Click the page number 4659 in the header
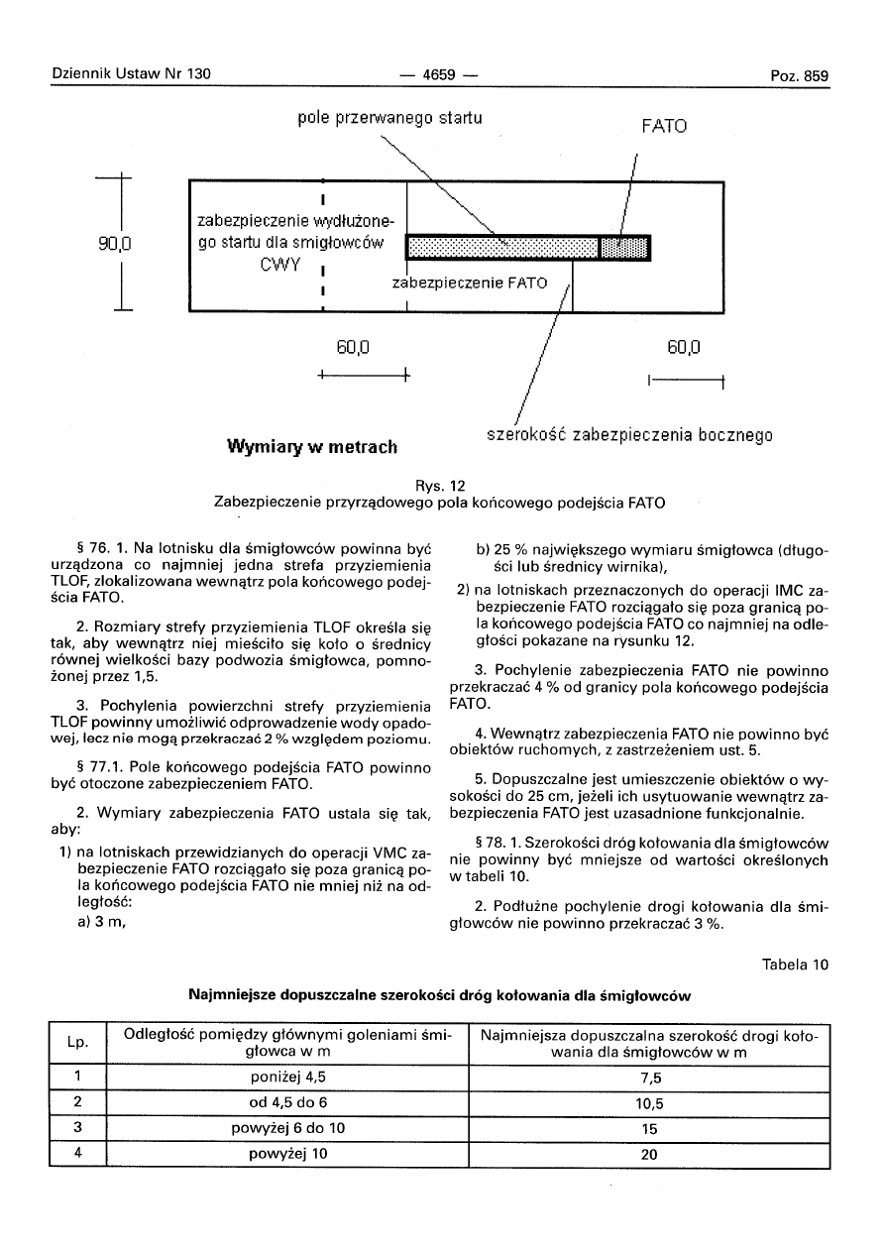437,76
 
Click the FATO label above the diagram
663,127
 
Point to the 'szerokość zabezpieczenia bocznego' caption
628,434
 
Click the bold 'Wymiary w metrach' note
312,446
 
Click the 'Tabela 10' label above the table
796,965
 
